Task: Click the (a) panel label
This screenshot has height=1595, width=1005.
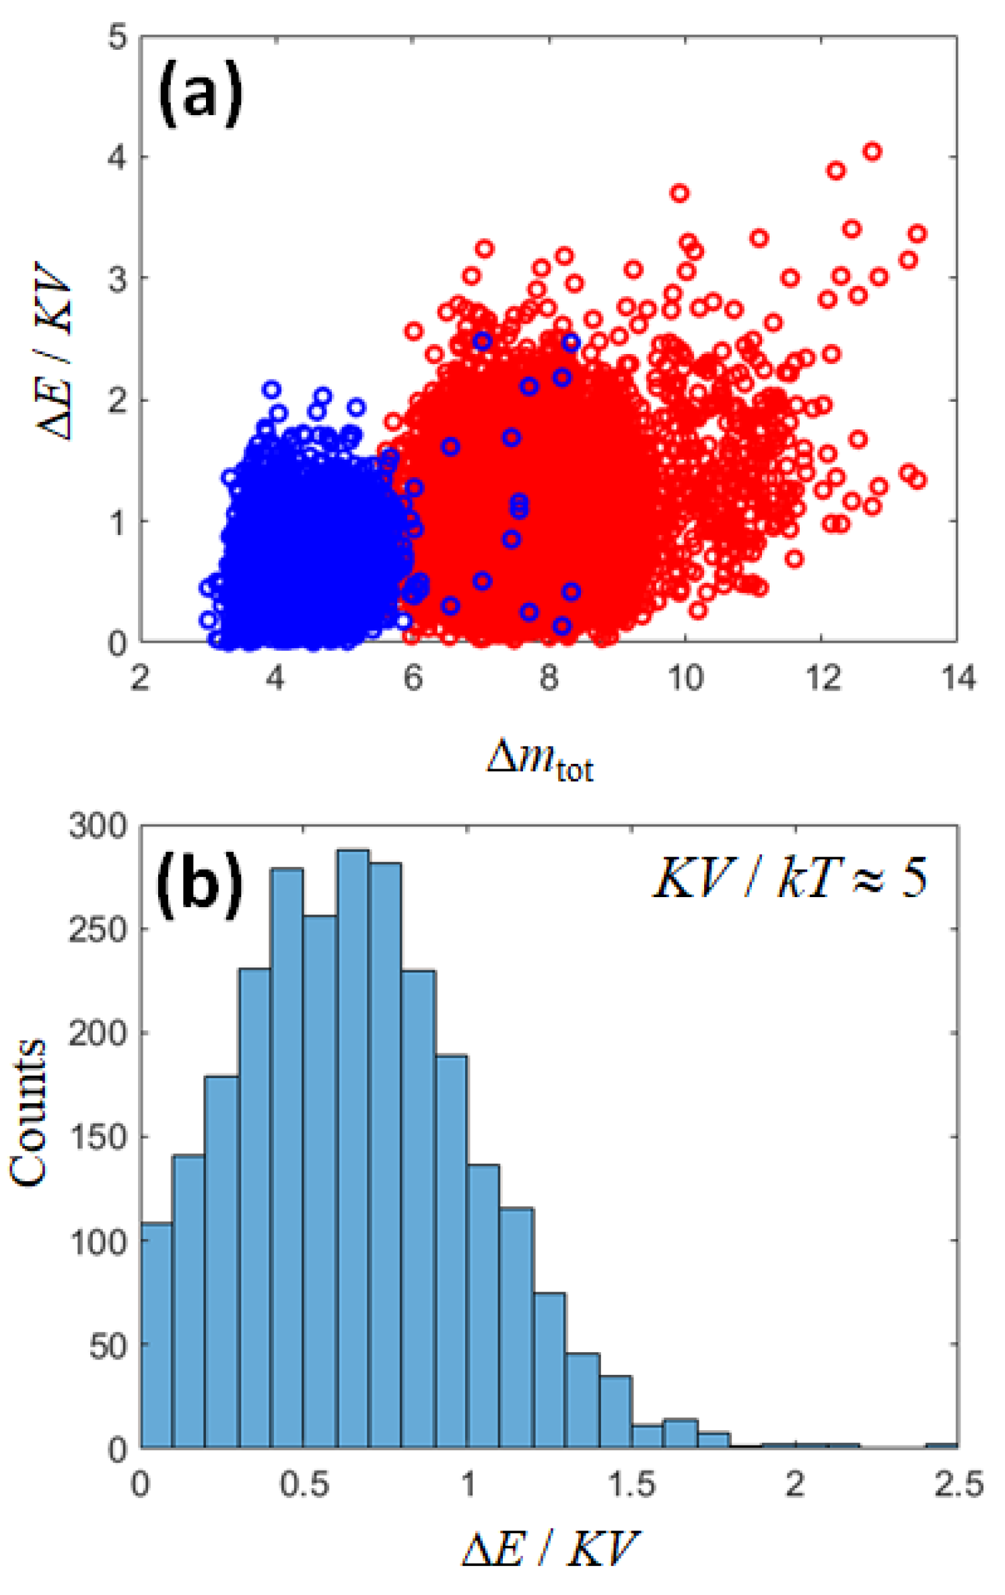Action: [x=200, y=93]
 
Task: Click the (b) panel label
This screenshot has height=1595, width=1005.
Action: [x=199, y=883]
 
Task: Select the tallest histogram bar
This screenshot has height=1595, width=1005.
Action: [x=353, y=1147]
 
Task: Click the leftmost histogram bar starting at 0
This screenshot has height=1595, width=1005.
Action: [x=156, y=1335]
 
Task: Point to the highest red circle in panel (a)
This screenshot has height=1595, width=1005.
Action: [x=872, y=151]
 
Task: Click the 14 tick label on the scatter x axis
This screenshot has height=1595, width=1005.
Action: [x=958, y=678]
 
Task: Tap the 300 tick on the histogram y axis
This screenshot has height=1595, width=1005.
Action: [x=98, y=826]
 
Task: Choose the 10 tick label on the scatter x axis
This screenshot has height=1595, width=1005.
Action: [x=685, y=678]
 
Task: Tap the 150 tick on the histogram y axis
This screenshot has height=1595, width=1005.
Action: [x=98, y=1137]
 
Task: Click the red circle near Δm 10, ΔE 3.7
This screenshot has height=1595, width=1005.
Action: [x=679, y=194]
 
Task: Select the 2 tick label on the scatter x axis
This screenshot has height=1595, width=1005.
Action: [x=139, y=678]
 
